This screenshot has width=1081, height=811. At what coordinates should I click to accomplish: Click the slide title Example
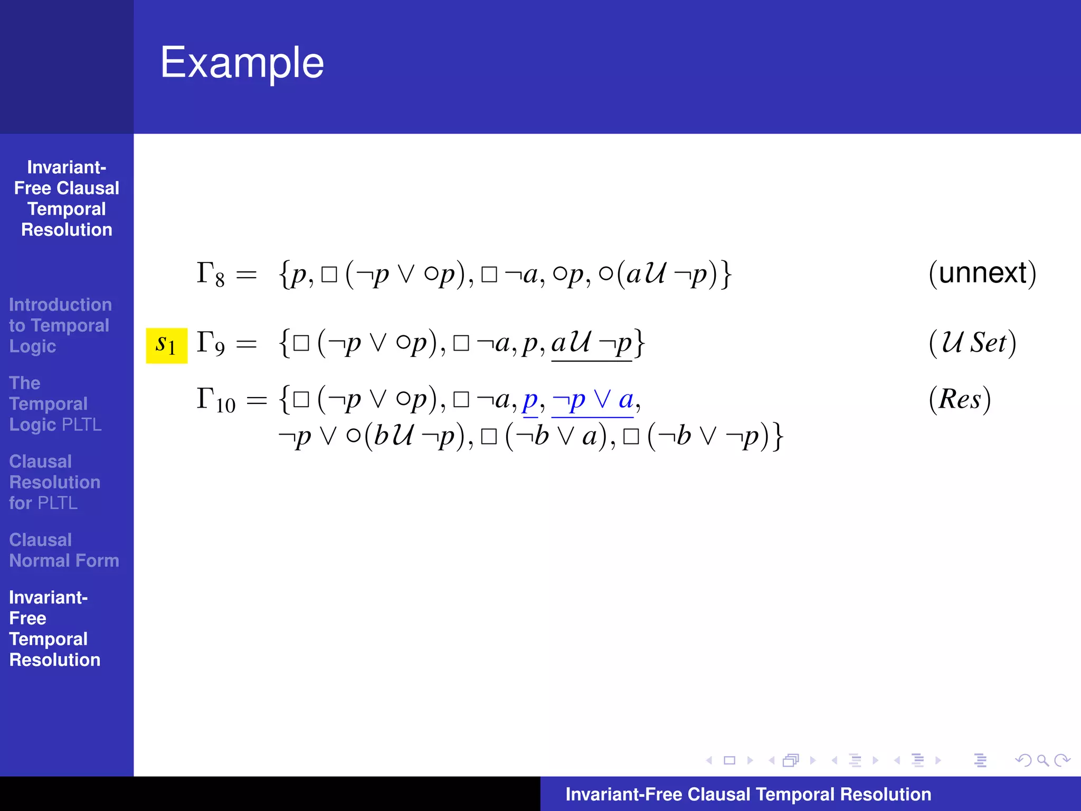(x=242, y=63)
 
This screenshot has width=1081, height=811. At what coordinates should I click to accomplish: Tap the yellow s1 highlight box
(x=166, y=345)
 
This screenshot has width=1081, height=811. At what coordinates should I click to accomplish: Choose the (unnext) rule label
(x=982, y=273)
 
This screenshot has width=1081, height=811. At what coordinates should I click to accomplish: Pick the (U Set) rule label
(x=972, y=343)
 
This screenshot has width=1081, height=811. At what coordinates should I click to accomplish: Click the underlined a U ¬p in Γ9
(x=591, y=344)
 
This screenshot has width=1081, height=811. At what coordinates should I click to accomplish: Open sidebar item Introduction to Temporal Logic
(x=60, y=325)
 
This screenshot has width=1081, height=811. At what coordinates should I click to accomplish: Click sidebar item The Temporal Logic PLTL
(x=55, y=403)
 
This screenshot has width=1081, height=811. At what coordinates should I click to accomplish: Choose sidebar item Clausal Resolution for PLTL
(x=54, y=482)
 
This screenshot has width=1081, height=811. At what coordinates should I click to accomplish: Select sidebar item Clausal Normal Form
(x=64, y=550)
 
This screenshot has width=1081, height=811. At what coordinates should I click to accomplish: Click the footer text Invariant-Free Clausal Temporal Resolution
(x=748, y=794)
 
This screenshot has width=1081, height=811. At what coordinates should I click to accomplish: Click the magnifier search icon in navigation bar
(x=1042, y=760)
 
